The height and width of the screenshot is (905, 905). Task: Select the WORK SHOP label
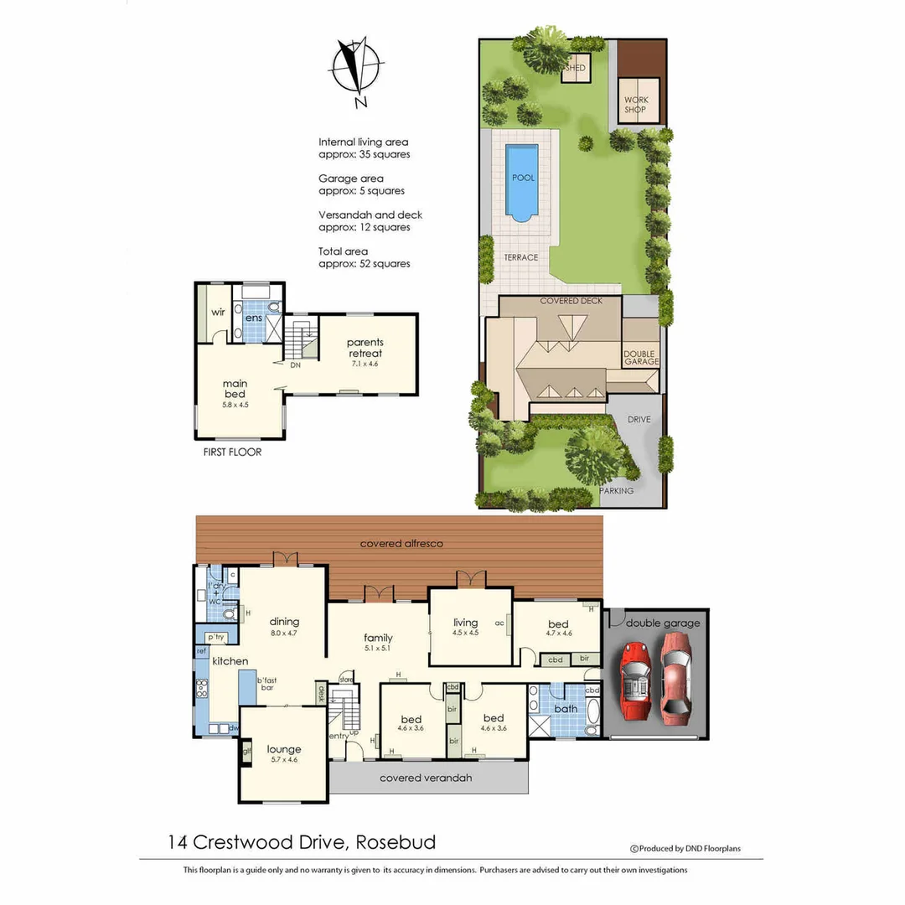coord(636,105)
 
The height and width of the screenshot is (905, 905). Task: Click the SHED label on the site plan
coord(576,68)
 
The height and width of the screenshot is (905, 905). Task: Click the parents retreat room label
coord(365,348)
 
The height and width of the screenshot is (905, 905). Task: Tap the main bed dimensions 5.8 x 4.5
coord(235,405)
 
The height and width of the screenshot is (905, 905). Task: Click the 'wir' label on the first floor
coord(218,312)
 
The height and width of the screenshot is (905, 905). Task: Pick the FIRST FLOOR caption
coord(232,452)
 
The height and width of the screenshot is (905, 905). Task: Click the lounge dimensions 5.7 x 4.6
coord(283,760)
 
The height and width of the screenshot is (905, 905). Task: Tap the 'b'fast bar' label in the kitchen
coord(267,685)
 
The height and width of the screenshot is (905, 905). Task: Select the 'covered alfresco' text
coord(401,544)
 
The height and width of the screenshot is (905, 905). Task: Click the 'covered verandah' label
coord(426,778)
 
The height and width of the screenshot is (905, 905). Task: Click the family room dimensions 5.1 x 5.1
coord(378,649)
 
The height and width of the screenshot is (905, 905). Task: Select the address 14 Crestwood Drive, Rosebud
coord(302,842)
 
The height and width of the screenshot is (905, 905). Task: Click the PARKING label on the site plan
coord(616,491)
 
